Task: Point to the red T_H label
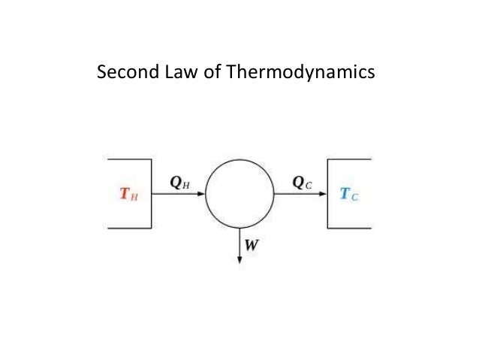[x=128, y=195]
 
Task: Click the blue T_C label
[x=349, y=195]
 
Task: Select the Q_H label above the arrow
[x=179, y=182]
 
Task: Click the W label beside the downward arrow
[x=249, y=244]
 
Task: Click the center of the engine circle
[x=239, y=193]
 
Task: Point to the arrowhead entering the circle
[x=200, y=193]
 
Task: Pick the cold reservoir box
[x=349, y=193]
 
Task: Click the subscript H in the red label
[x=134, y=197]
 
